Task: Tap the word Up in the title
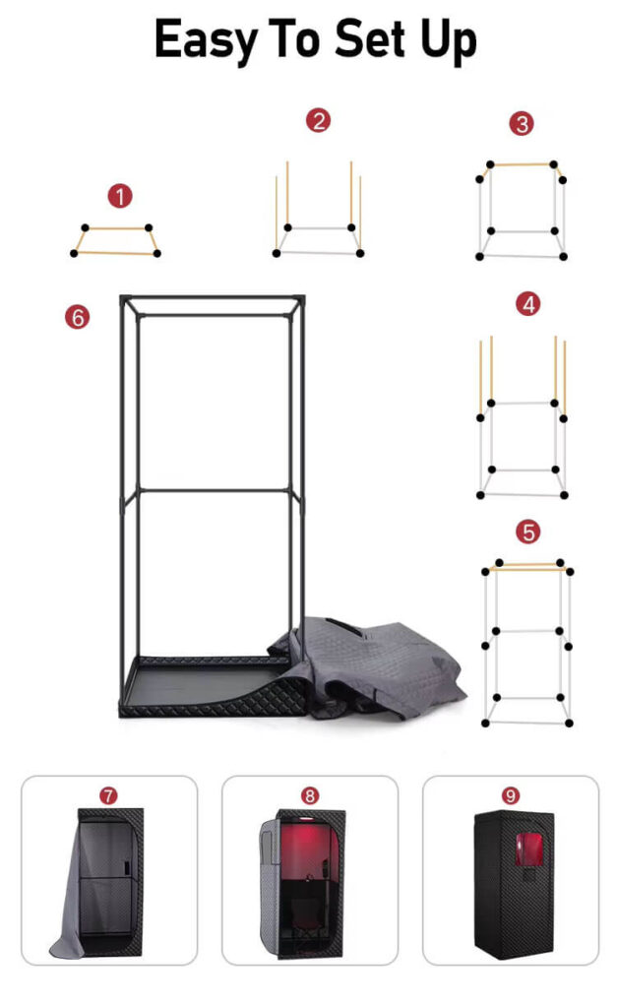449,40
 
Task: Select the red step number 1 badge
120,196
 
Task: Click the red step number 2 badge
318,120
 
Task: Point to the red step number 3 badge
522,123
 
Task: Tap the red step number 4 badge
528,304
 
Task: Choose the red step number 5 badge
528,532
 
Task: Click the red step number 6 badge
77,317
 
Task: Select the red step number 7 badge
108,795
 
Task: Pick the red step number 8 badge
310,795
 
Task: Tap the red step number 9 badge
511,795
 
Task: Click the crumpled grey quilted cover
379,665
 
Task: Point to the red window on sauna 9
529,849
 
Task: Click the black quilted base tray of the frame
213,689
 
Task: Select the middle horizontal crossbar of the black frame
214,490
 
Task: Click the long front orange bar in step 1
116,253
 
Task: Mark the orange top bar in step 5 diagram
527,567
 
